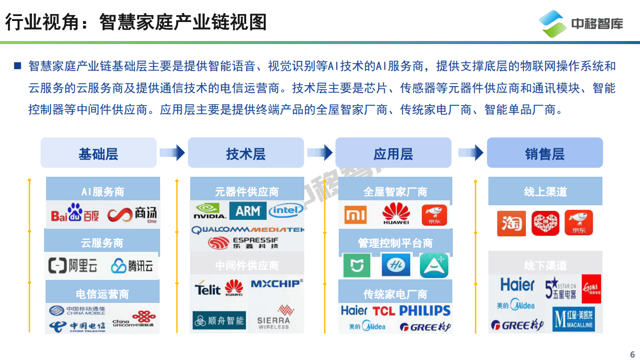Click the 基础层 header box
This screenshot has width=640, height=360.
pos(98,153)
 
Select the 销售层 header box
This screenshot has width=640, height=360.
pos(544,153)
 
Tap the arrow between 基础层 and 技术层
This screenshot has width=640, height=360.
pos(172,153)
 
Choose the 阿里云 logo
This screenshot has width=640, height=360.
pos(73,265)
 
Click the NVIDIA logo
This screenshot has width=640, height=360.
pos(209,211)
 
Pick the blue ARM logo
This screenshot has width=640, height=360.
pos(248,211)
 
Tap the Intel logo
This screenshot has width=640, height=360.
pos(286,210)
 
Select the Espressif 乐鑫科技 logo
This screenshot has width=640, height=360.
pos(243,243)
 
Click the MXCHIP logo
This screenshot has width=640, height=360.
pos(276,284)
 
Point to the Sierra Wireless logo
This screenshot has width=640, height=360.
pos(274,317)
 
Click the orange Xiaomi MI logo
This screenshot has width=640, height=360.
pos(356,215)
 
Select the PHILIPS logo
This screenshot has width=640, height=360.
pos(424,310)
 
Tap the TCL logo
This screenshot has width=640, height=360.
pos(384,311)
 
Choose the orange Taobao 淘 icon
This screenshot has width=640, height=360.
pos(511,223)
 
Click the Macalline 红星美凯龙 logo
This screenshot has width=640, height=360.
pos(573,319)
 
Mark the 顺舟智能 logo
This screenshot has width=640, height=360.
pos(219,320)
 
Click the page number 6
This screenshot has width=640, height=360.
pos(632,353)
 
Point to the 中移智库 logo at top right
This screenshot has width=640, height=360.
pos(580,24)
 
